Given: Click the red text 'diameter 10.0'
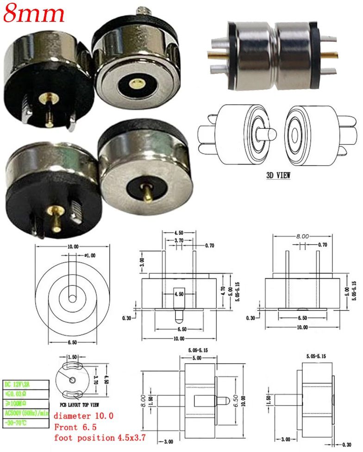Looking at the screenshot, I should point(83,415).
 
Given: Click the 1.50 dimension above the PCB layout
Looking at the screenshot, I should point(73,358).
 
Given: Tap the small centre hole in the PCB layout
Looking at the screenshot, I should point(73,380).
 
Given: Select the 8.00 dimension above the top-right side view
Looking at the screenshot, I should point(302,236).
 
